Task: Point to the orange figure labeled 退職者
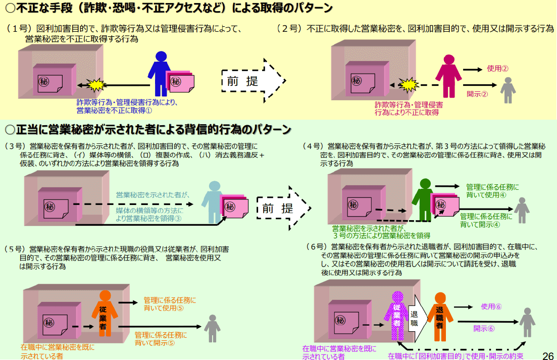point(439,315)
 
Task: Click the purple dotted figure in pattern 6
point(396,316)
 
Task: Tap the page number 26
point(547,355)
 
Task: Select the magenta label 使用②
point(497,69)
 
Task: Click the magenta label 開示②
point(477,93)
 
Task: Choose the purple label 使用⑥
point(491,306)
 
